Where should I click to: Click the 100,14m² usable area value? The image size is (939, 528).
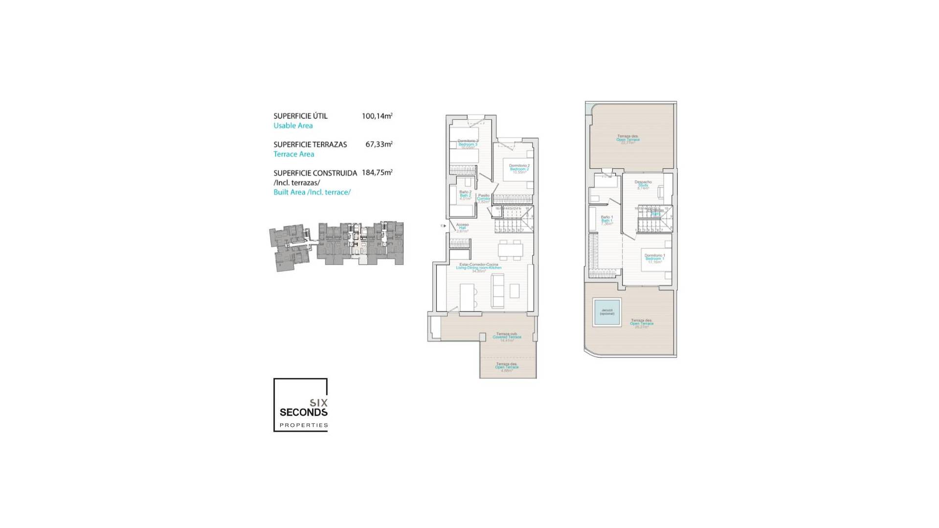(x=377, y=116)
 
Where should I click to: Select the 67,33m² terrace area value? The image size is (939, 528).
(x=379, y=145)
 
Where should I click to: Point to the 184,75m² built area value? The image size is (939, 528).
(x=377, y=173)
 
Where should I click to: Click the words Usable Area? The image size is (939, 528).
(x=293, y=126)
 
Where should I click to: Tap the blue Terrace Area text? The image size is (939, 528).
(x=293, y=154)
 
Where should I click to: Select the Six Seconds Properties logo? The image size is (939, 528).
(x=300, y=405)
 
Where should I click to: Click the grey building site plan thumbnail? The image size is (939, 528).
(x=336, y=245)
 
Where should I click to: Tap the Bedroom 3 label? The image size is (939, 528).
(x=468, y=144)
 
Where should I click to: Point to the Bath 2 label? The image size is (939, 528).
(x=465, y=195)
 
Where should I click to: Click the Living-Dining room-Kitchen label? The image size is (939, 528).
(x=478, y=267)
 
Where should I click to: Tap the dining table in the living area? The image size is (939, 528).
(x=510, y=249)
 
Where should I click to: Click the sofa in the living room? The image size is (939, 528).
(x=497, y=290)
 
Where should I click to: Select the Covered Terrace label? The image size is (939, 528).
(x=507, y=337)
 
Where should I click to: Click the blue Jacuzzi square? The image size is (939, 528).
(x=607, y=312)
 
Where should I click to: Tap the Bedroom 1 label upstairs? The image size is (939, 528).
(x=654, y=258)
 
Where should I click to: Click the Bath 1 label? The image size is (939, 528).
(x=606, y=220)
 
